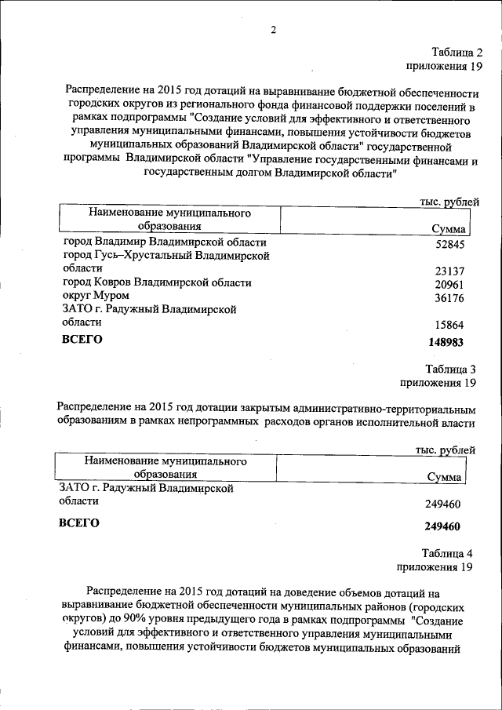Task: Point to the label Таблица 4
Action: point(448,552)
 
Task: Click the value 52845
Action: point(449,243)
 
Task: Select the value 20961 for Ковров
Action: point(449,283)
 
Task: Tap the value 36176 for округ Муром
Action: point(449,297)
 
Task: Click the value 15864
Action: point(449,325)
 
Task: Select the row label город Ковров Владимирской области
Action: point(157,282)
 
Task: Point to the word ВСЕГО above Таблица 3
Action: point(82,340)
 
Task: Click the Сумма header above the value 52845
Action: point(449,229)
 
